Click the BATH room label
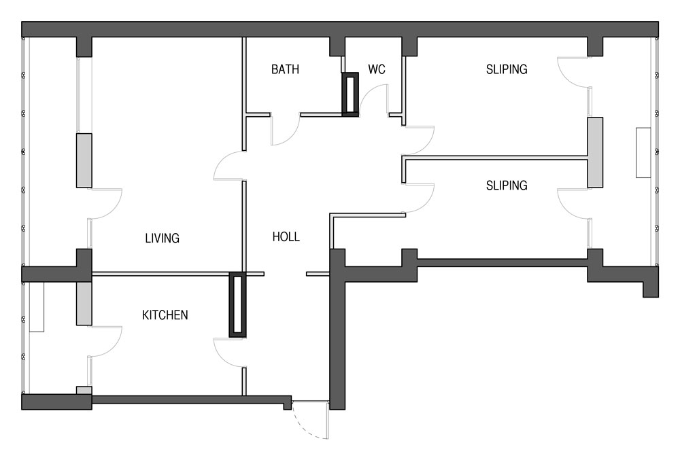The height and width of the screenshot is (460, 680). pos(285,69)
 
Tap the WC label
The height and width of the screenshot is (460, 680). pos(377,69)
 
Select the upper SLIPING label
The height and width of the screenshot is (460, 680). pos(507,69)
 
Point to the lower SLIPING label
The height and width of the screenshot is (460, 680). pos(507,185)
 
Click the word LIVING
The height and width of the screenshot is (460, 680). pos(163,238)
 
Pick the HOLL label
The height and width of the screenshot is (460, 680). pos(286,237)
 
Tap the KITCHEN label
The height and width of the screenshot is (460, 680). pos(165,315)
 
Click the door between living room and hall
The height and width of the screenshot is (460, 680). pos(228,166)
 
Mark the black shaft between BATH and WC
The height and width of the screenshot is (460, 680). pos(350,94)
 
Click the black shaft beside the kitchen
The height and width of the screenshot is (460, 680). pos(237,304)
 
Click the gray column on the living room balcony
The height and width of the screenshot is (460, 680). pos(84,160)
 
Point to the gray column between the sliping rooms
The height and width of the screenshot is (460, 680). pos(595,152)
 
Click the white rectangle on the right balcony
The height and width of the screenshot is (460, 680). pos(643,152)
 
